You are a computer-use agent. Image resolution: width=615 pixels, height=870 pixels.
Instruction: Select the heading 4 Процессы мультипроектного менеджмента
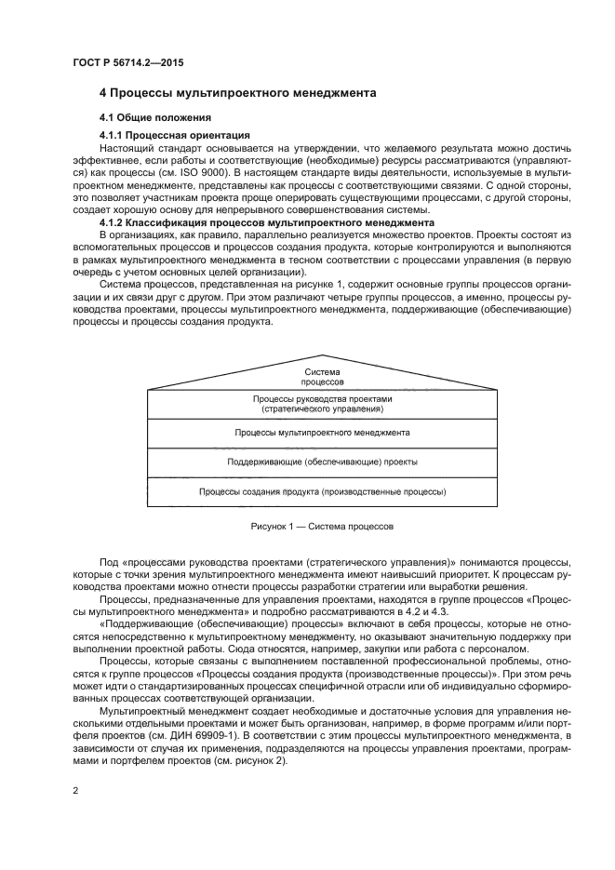click(237, 93)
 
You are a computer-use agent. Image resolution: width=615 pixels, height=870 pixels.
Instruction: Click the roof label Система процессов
click(322, 377)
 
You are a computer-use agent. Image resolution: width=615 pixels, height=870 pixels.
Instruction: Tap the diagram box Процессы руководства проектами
click(322, 403)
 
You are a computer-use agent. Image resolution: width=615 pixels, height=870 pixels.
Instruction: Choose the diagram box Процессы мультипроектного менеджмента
click(322, 433)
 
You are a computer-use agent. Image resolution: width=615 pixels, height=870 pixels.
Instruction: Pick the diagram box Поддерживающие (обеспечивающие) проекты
click(322, 462)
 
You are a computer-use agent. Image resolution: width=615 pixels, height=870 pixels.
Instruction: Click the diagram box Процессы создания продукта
click(322, 490)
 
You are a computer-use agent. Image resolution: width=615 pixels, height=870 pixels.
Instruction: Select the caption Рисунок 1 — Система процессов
click(322, 527)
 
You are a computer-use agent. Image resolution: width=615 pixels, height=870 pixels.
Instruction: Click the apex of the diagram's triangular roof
click(322, 355)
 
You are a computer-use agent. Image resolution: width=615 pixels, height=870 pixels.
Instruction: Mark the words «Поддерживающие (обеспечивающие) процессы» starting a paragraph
click(191, 625)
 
